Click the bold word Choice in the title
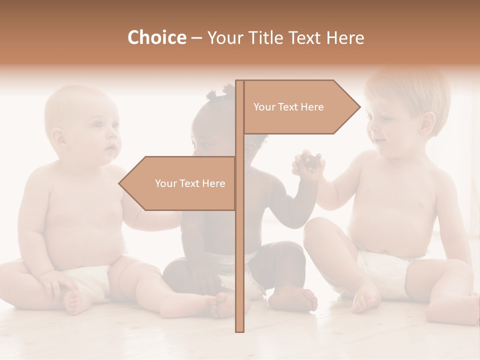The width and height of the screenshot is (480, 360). (x=156, y=38)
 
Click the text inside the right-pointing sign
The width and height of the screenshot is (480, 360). (x=288, y=107)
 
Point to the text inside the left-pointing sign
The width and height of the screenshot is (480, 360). (x=190, y=183)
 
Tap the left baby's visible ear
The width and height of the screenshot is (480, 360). (x=59, y=137)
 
